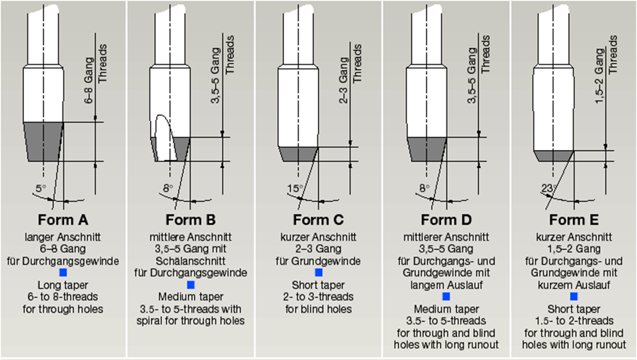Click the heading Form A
(64, 220)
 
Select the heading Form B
(191, 220)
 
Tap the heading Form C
(318, 220)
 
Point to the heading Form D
(446, 220)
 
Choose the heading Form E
(573, 220)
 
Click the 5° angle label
(40, 189)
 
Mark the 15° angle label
(295, 189)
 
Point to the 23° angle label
(548, 189)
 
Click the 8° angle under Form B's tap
(168, 189)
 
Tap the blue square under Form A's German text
(63, 273)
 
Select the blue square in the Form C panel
(318, 273)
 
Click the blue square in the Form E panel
(573, 296)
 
